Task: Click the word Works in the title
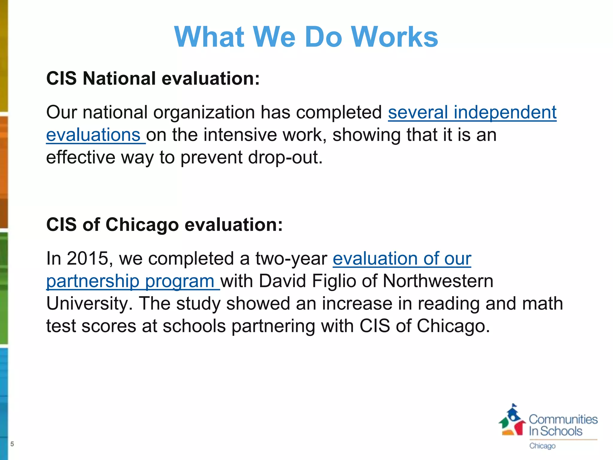394,37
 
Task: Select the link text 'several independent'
472,112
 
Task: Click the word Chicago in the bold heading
142,225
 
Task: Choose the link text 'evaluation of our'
402,258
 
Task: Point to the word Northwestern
438,281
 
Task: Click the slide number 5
12,444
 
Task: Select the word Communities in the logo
563,420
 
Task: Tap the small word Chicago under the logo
542,446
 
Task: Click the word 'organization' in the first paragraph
204,112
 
